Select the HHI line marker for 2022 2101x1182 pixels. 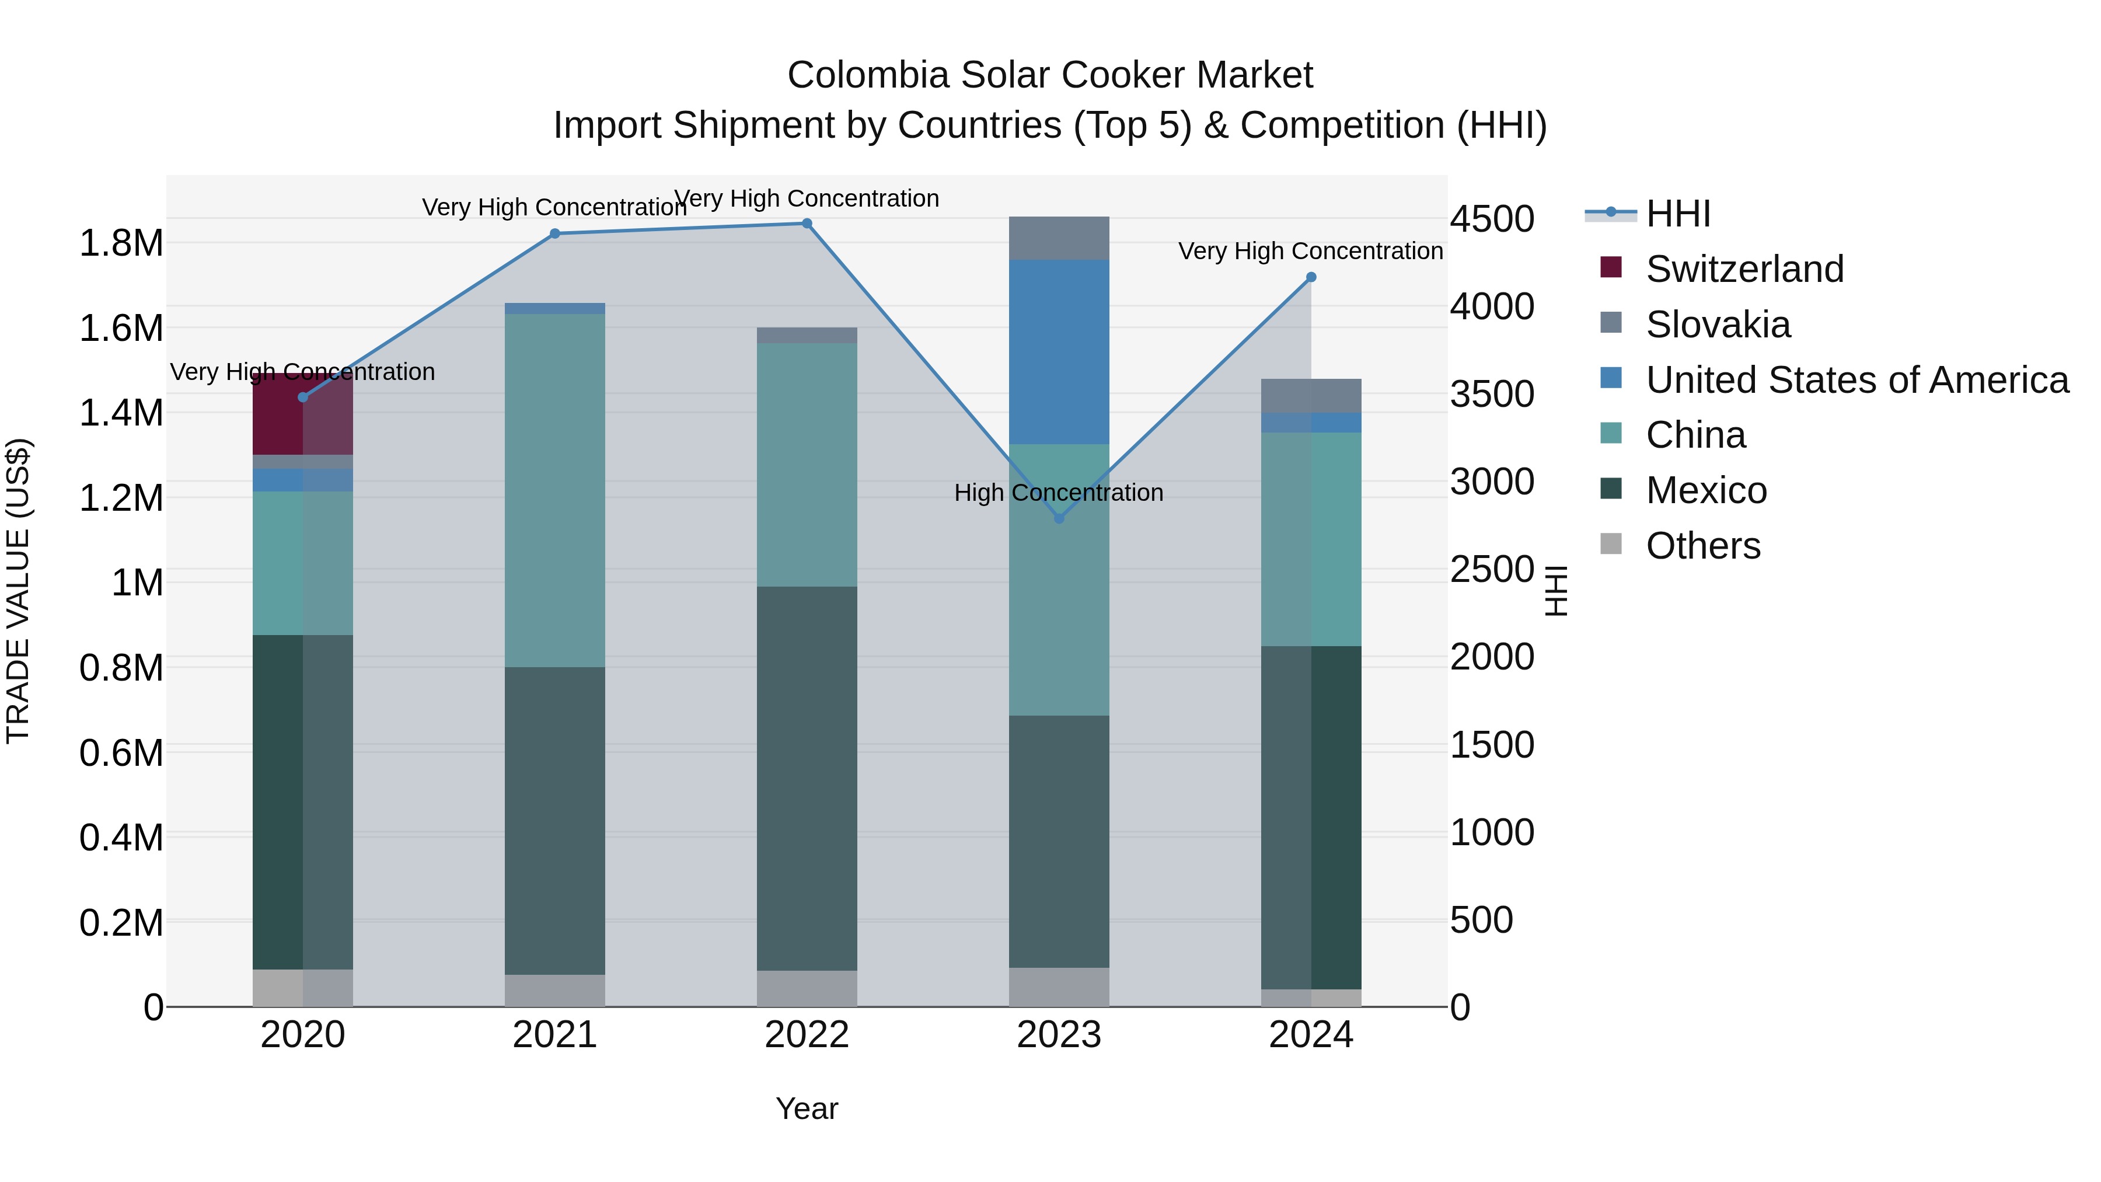pos(807,224)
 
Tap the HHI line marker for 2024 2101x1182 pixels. pos(1311,277)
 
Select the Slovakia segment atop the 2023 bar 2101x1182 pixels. pos(1059,238)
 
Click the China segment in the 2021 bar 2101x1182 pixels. pos(554,490)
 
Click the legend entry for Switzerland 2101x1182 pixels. pos(1744,269)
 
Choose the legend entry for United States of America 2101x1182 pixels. pos(1856,380)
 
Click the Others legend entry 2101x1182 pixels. pos(1702,546)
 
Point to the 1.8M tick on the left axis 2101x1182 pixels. pos(121,243)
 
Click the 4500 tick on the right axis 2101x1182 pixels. pos(1492,219)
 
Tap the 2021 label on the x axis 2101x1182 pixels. pos(554,1035)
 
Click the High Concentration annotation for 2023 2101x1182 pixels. pos(1059,493)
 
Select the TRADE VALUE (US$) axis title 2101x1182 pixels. pos(18,591)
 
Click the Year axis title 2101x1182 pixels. pos(807,1108)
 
